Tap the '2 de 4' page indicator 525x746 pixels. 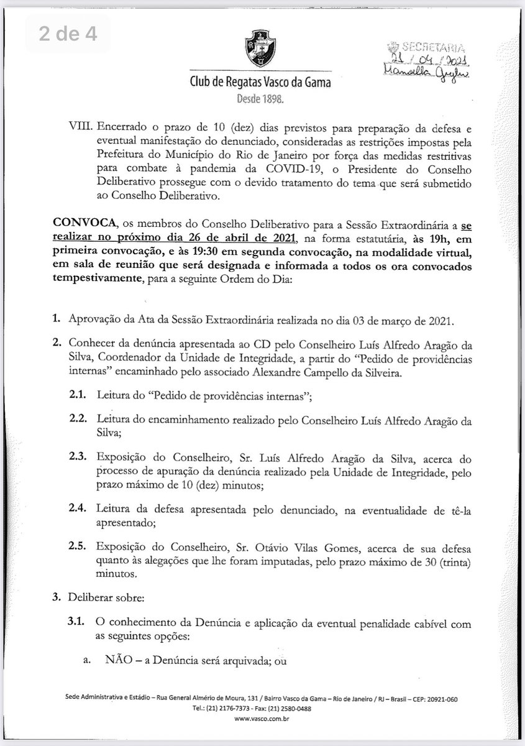coord(68,34)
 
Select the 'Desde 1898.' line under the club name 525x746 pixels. coord(262,98)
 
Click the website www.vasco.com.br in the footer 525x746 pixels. coord(262,717)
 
